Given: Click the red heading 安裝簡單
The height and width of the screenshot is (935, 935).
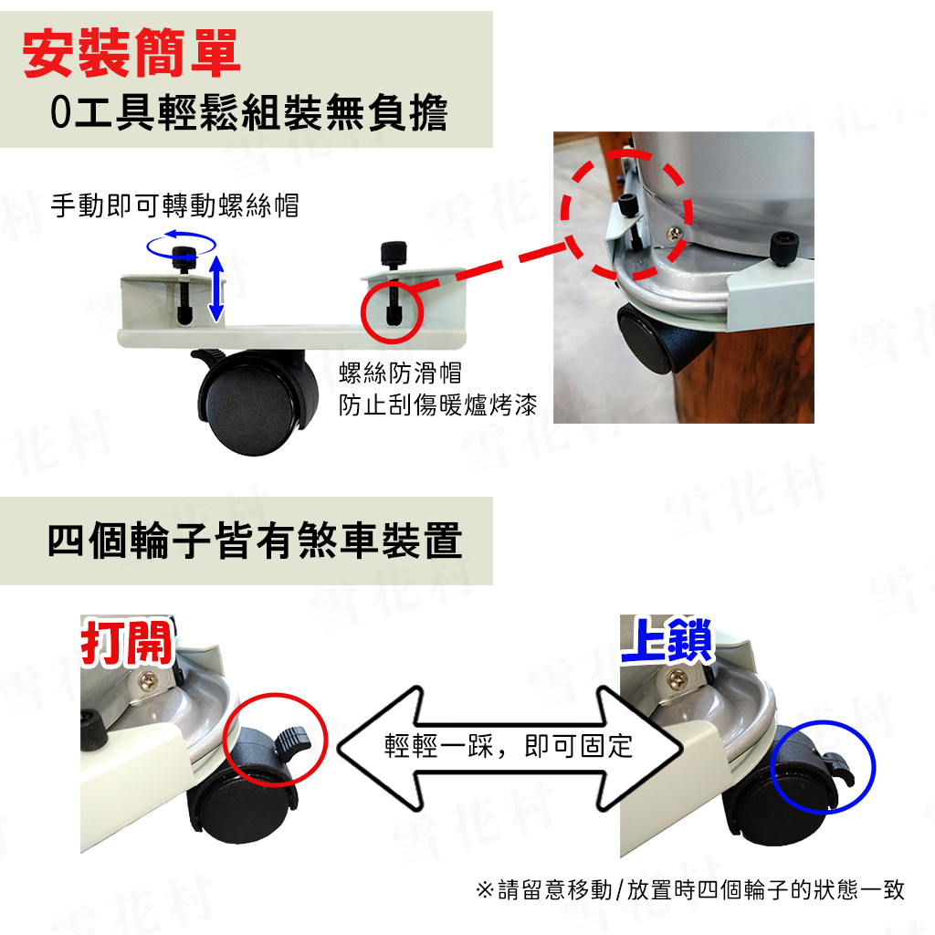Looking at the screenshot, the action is click(x=131, y=53).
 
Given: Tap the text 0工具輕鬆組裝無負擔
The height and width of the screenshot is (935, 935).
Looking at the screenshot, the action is click(x=248, y=112).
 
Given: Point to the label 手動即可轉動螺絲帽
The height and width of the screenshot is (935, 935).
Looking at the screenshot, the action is click(x=174, y=205).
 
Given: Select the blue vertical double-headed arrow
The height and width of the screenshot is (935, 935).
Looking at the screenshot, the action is click(x=215, y=289).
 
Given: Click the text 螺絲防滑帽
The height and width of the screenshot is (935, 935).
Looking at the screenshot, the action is click(x=400, y=373).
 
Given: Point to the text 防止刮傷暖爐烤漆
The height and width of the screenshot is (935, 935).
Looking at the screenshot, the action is click(x=437, y=404).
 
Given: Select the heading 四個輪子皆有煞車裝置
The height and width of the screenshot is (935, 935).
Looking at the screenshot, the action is click(x=256, y=541).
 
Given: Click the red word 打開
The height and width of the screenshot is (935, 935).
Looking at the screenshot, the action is click(x=126, y=643).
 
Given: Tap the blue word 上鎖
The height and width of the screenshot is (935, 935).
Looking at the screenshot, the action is click(x=667, y=640).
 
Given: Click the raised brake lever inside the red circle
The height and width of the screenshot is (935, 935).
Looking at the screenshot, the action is click(x=293, y=740).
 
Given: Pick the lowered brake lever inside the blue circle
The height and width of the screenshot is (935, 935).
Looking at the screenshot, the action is click(x=840, y=770).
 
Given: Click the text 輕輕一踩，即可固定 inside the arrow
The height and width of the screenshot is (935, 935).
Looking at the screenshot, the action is click(x=509, y=746).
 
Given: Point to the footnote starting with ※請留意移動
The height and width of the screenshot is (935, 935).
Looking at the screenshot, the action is click(x=690, y=889).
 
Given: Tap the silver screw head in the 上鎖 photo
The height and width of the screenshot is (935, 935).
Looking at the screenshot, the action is click(x=678, y=678).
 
